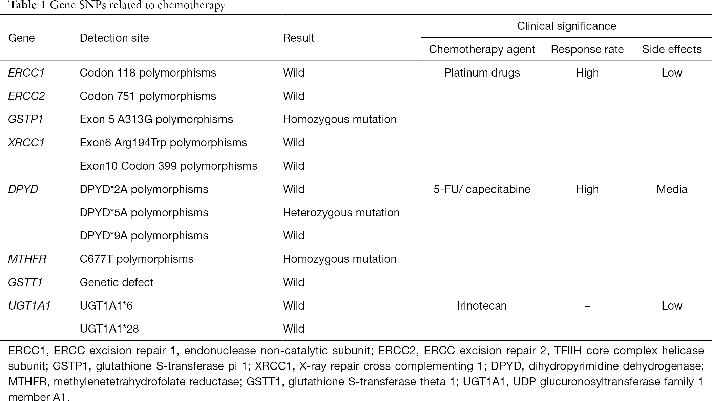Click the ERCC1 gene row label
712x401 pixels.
tap(26, 73)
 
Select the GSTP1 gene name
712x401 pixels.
tap(26, 119)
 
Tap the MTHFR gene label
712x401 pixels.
tap(27, 259)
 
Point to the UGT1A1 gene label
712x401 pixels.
tap(29, 306)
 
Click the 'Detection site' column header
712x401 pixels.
tap(114, 38)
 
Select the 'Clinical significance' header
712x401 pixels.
tap(566, 26)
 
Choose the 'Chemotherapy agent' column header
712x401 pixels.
tap(482, 49)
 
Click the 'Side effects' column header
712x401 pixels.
tap(672, 49)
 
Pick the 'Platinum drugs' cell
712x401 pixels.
tap(482, 73)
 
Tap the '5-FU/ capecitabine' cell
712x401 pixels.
tap(482, 189)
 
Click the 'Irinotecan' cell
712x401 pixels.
tap(482, 306)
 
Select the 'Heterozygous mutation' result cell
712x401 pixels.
tap(341, 213)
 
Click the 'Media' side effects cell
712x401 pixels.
tap(672, 189)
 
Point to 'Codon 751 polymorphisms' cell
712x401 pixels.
tap(148, 96)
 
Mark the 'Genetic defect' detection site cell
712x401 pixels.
tap(117, 282)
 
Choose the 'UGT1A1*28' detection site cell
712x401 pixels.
tap(109, 329)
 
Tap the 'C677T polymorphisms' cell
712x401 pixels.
tap(137, 259)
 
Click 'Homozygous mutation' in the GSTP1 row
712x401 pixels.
tap(339, 119)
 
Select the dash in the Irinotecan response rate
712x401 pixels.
tap(587, 306)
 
